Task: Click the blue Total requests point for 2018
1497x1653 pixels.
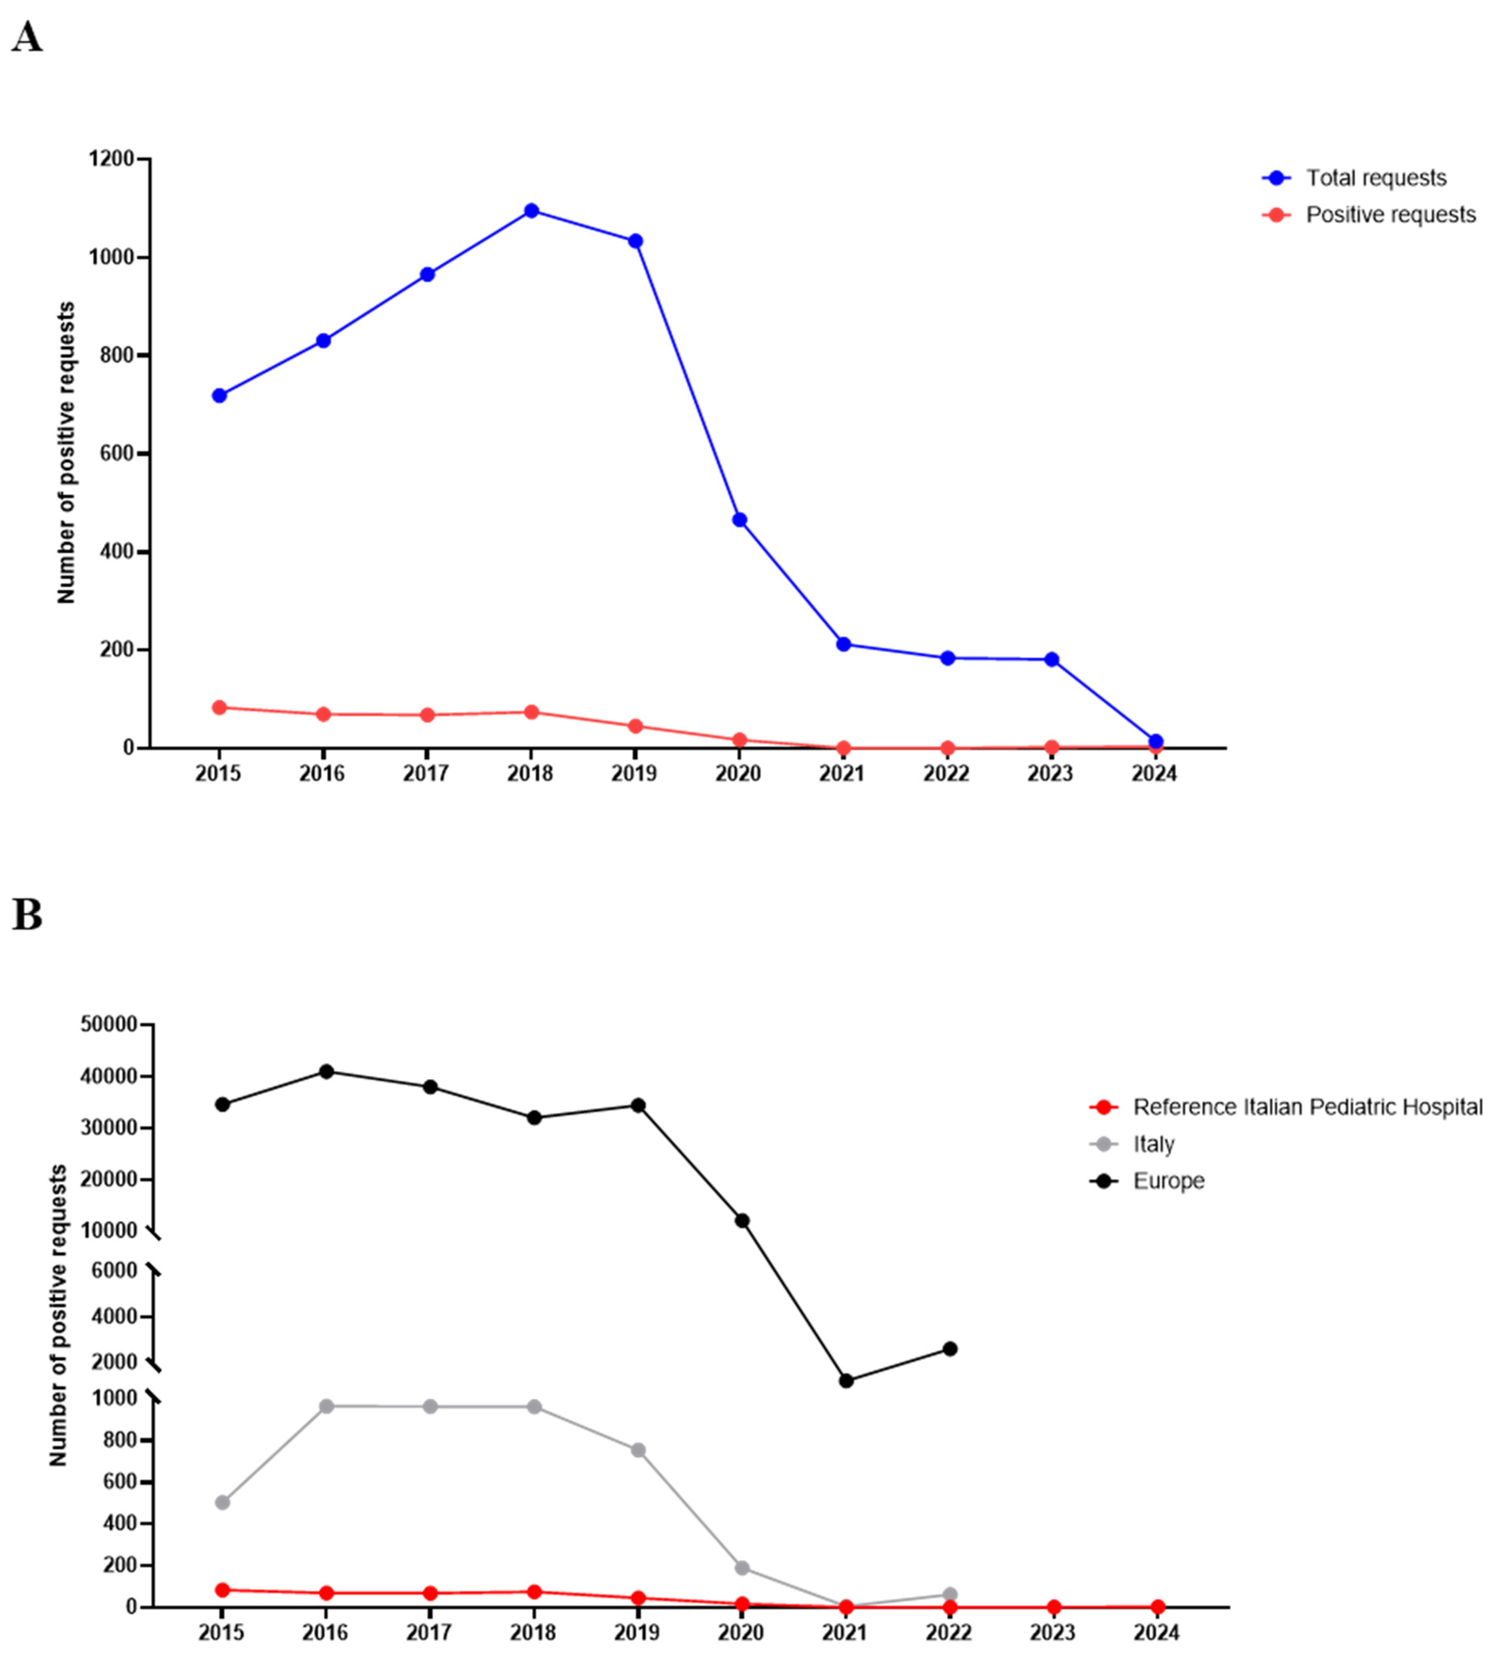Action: pyautogui.click(x=531, y=211)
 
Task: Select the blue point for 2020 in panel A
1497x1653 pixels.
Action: pyautogui.click(x=740, y=520)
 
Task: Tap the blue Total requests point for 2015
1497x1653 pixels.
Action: pyautogui.click(x=219, y=395)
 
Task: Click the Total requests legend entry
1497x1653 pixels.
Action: pyautogui.click(x=1375, y=178)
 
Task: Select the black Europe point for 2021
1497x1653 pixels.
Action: pyautogui.click(x=846, y=1381)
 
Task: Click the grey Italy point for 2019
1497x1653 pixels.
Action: pyautogui.click(x=638, y=1450)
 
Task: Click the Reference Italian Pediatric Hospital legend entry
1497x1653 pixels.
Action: pyautogui.click(x=1307, y=1107)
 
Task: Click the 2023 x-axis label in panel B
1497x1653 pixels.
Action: pyautogui.click(x=1053, y=1632)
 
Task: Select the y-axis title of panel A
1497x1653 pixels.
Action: pyautogui.click(x=66, y=453)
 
